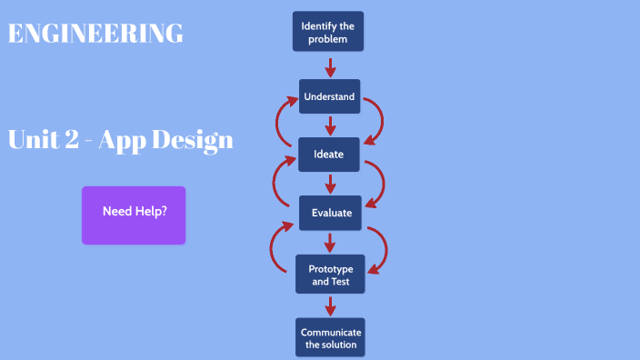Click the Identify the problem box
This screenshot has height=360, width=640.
[329, 33]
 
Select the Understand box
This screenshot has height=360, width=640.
[329, 96]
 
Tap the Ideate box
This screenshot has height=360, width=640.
[329, 154]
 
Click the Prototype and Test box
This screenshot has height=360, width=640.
[329, 275]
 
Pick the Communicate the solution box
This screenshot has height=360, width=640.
[331, 337]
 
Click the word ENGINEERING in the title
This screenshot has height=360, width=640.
[95, 34]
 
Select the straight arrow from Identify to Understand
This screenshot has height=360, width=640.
[330, 66]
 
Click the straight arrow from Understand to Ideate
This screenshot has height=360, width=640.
[330, 125]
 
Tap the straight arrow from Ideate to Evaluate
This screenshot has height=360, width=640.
[330, 183]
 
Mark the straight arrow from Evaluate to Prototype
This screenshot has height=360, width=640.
[330, 242]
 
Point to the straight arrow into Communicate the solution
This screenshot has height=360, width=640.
[330, 305]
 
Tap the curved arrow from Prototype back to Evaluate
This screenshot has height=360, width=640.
[275, 246]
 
